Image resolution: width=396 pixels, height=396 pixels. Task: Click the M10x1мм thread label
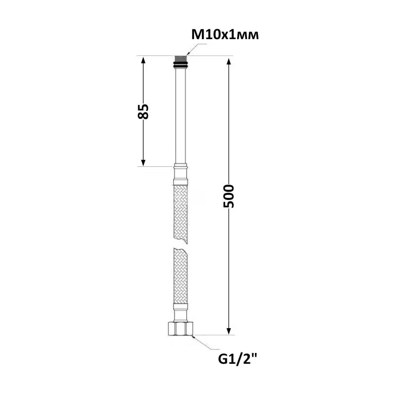(225, 35)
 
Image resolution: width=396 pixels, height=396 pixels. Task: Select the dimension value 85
(143, 111)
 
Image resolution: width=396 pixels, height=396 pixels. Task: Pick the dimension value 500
(229, 196)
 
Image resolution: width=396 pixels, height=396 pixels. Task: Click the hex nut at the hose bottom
(181, 329)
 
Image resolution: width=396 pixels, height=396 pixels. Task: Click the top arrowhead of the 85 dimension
(143, 61)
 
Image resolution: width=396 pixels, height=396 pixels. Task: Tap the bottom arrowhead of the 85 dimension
(143, 162)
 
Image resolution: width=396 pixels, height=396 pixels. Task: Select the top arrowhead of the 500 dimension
(229, 62)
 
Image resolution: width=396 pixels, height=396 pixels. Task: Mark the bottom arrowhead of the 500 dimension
(229, 331)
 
